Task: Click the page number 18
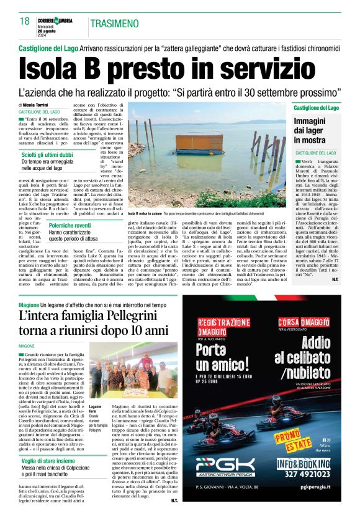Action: [x=25, y=21]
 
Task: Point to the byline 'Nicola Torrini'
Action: [x=38, y=106]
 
